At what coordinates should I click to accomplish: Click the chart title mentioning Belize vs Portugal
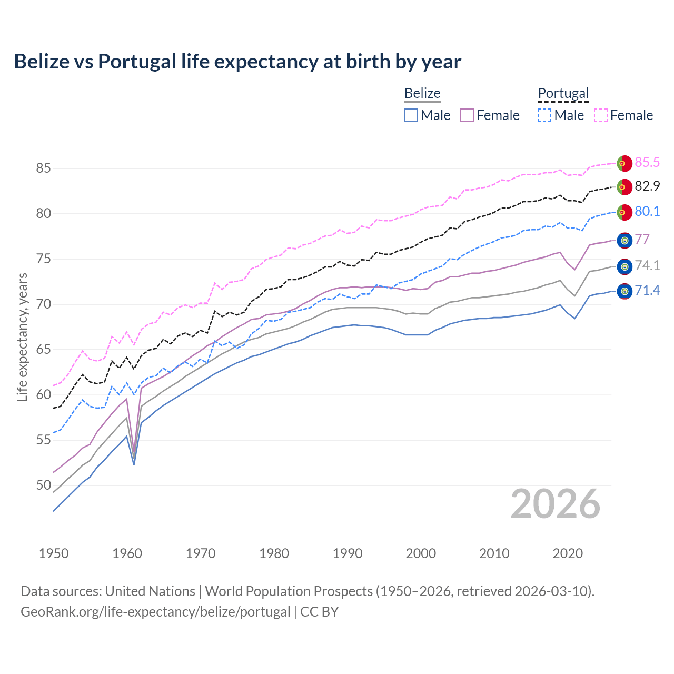(x=237, y=62)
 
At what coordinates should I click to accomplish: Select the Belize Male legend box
(x=411, y=115)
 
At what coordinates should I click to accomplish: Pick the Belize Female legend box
(x=467, y=115)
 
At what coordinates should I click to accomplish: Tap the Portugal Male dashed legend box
(x=544, y=115)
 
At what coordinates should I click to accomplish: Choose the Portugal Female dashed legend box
(x=601, y=115)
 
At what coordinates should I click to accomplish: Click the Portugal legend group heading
(x=563, y=93)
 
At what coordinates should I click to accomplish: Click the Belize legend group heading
(x=422, y=93)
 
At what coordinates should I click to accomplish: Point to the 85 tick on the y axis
(x=43, y=168)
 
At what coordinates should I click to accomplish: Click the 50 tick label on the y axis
(x=43, y=485)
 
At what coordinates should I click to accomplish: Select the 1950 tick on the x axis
(x=54, y=553)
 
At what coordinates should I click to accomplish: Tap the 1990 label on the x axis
(x=348, y=553)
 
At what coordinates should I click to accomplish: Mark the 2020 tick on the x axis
(x=568, y=553)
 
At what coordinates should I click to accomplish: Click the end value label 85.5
(x=647, y=163)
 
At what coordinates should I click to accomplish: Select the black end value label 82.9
(x=647, y=186)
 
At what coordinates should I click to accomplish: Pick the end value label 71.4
(x=647, y=291)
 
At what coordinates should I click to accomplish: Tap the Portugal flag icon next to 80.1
(x=625, y=212)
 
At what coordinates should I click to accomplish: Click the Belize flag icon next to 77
(x=625, y=240)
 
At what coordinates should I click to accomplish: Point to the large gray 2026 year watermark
(x=556, y=504)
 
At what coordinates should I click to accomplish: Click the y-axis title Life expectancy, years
(x=22, y=337)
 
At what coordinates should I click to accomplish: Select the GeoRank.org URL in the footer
(x=155, y=612)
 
